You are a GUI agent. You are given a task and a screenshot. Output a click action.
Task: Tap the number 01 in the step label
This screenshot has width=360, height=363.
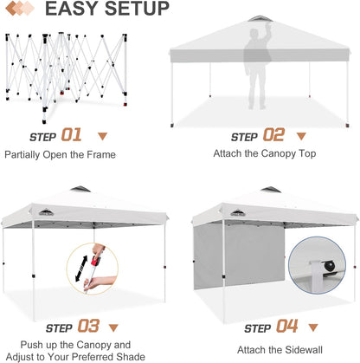[x=71, y=135]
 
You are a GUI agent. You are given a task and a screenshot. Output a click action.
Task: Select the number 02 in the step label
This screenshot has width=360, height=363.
[x=273, y=135]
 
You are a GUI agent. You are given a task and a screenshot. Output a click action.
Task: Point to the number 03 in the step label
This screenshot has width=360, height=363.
[x=89, y=327]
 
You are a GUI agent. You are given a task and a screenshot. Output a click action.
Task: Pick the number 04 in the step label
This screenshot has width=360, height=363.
[x=286, y=327]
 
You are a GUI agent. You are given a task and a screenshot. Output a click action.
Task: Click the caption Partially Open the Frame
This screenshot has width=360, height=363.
[x=60, y=155]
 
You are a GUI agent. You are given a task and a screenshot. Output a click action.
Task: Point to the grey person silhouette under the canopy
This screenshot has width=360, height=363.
[x=257, y=65]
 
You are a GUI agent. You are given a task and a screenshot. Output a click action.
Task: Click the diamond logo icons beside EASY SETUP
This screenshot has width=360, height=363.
[x=20, y=10]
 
